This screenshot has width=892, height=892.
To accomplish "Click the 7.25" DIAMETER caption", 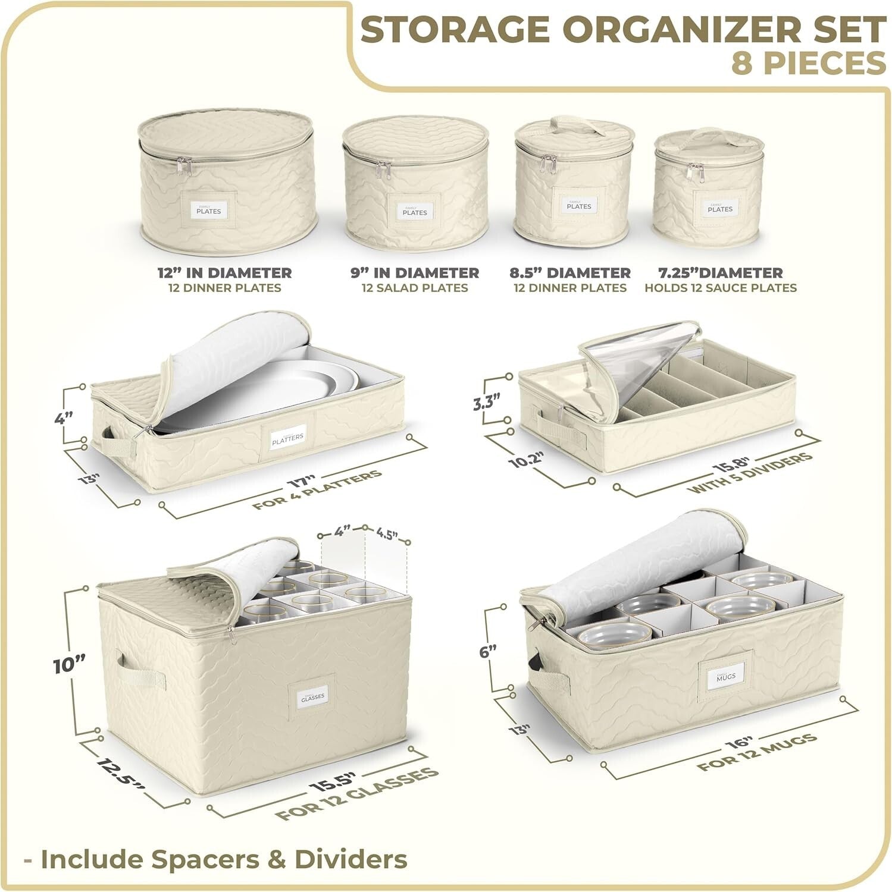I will coord(720,273).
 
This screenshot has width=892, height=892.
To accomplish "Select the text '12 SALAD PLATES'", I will coord(415,288).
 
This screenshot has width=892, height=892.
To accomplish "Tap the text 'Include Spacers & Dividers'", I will coord(223,859).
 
